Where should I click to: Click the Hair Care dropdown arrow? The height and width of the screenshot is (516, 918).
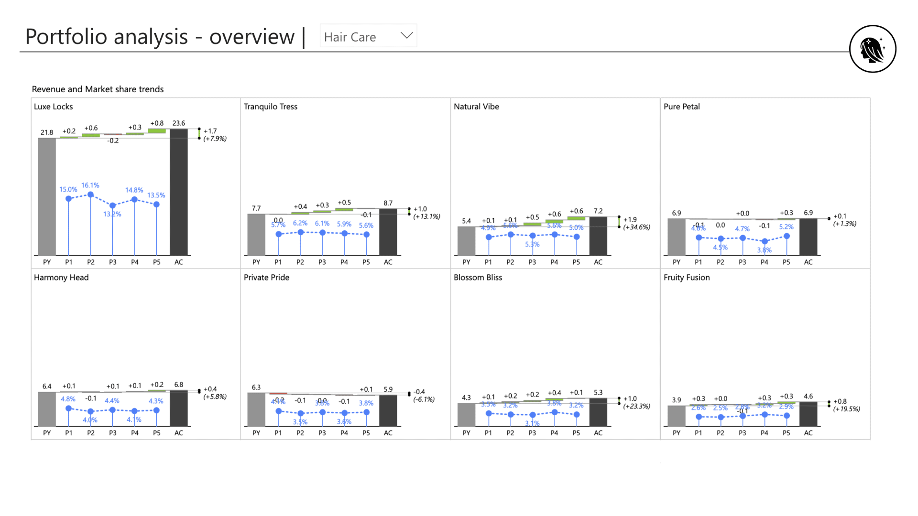[406, 35]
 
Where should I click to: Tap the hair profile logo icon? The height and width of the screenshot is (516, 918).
[872, 49]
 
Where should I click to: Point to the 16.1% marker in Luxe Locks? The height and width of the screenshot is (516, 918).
[90, 194]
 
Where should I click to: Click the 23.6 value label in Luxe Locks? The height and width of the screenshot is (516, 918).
[178, 123]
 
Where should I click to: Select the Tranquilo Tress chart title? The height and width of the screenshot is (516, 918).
[270, 107]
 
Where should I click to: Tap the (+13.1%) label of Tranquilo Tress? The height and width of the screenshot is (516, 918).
[426, 216]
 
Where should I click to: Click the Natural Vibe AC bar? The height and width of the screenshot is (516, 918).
[598, 236]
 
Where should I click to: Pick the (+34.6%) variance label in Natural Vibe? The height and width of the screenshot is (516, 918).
[636, 227]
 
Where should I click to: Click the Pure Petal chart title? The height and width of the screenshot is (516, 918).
[681, 107]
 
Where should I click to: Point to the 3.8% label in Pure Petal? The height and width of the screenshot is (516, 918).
[764, 250]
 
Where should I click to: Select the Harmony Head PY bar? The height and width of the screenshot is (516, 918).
[47, 408]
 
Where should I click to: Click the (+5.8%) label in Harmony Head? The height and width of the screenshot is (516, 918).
[215, 397]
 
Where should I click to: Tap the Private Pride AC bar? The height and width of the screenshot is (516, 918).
[388, 410]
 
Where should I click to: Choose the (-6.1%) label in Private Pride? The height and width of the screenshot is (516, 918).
[424, 399]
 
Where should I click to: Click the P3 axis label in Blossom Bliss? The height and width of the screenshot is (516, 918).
[532, 433]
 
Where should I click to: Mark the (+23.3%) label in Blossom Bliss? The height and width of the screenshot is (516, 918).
[636, 406]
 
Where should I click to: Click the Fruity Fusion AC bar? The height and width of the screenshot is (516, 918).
[808, 414]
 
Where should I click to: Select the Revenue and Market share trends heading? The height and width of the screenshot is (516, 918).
[98, 89]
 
